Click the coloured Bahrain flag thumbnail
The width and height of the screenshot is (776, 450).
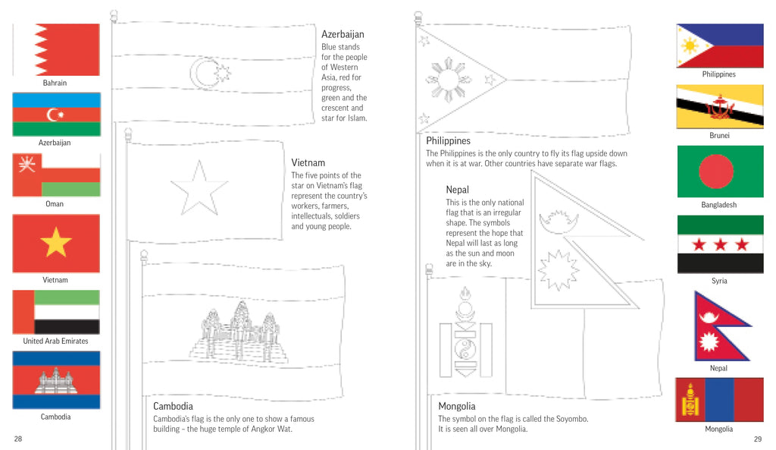56,50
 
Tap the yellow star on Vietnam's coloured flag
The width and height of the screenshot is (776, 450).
55,243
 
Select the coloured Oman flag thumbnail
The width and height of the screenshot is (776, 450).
56,175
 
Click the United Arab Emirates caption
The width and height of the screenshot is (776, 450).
55,341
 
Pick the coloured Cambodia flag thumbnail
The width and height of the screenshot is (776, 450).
56,379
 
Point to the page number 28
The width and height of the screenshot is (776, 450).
18,439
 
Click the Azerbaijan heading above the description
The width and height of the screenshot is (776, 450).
343,34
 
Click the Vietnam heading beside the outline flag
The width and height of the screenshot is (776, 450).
308,162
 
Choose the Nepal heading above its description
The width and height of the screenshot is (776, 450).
457,190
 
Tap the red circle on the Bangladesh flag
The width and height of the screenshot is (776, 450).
715,172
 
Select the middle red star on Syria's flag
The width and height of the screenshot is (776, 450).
720,244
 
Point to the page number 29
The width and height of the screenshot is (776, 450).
757,439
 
